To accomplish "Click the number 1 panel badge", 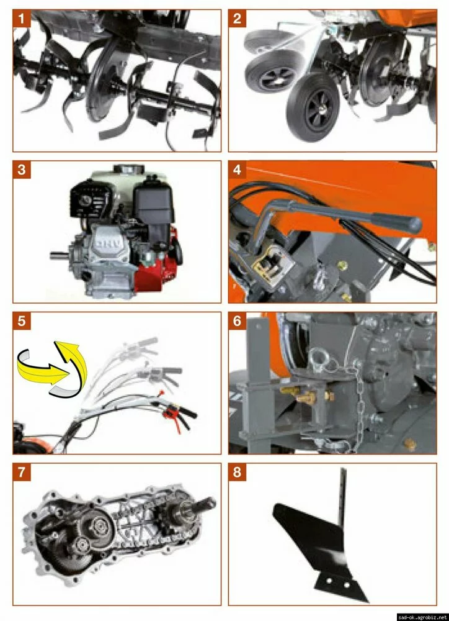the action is (21, 19).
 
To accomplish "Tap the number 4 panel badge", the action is (237, 170).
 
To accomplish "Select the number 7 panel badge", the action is (21, 472).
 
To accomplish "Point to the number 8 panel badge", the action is (237, 472).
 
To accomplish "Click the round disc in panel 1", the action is (104, 81).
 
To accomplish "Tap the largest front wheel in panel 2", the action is (313, 107).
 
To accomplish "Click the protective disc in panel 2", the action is (379, 75).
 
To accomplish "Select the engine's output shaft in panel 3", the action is (60, 255).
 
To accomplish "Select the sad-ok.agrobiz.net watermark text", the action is (422, 617).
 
